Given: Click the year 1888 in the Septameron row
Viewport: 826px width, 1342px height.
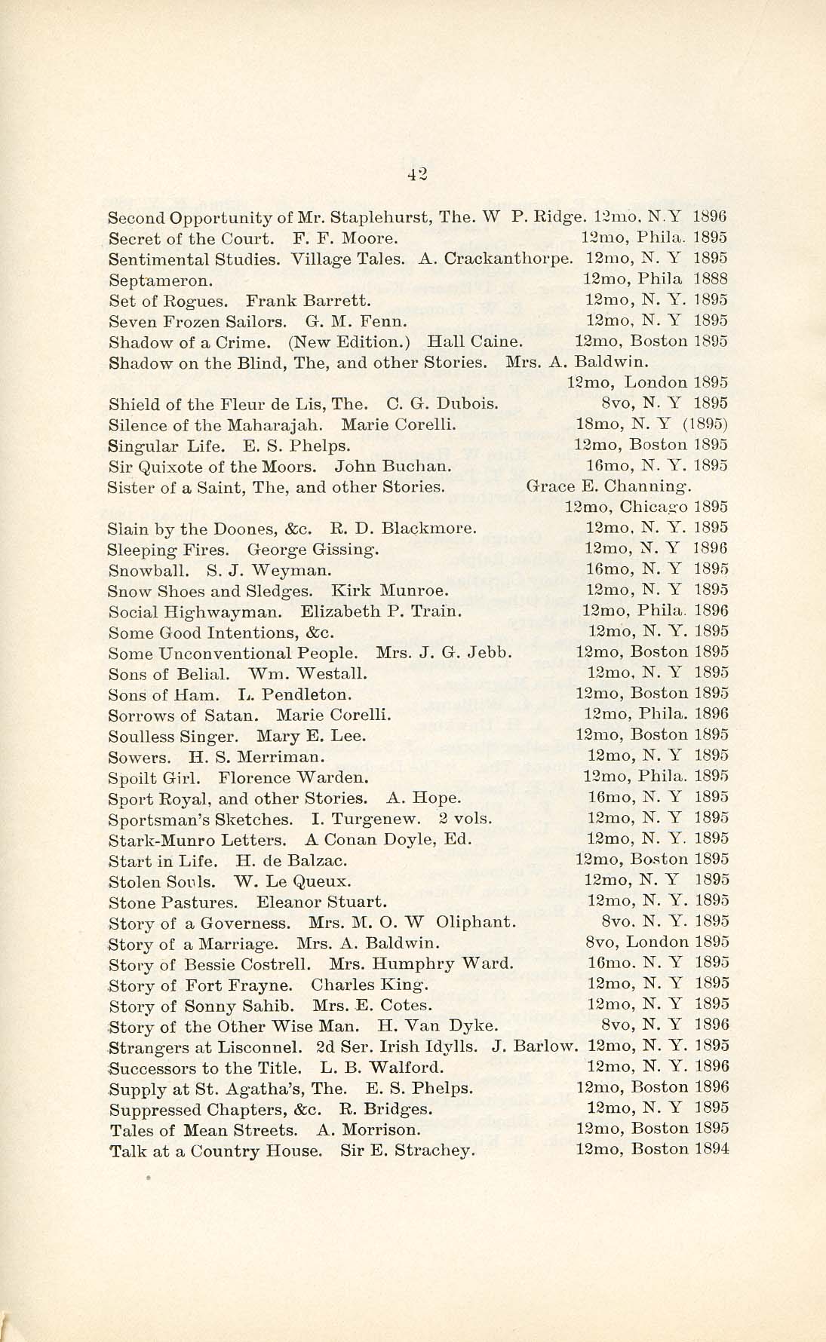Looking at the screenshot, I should [710, 279].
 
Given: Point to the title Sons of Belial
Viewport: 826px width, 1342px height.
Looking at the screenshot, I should [159, 673].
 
